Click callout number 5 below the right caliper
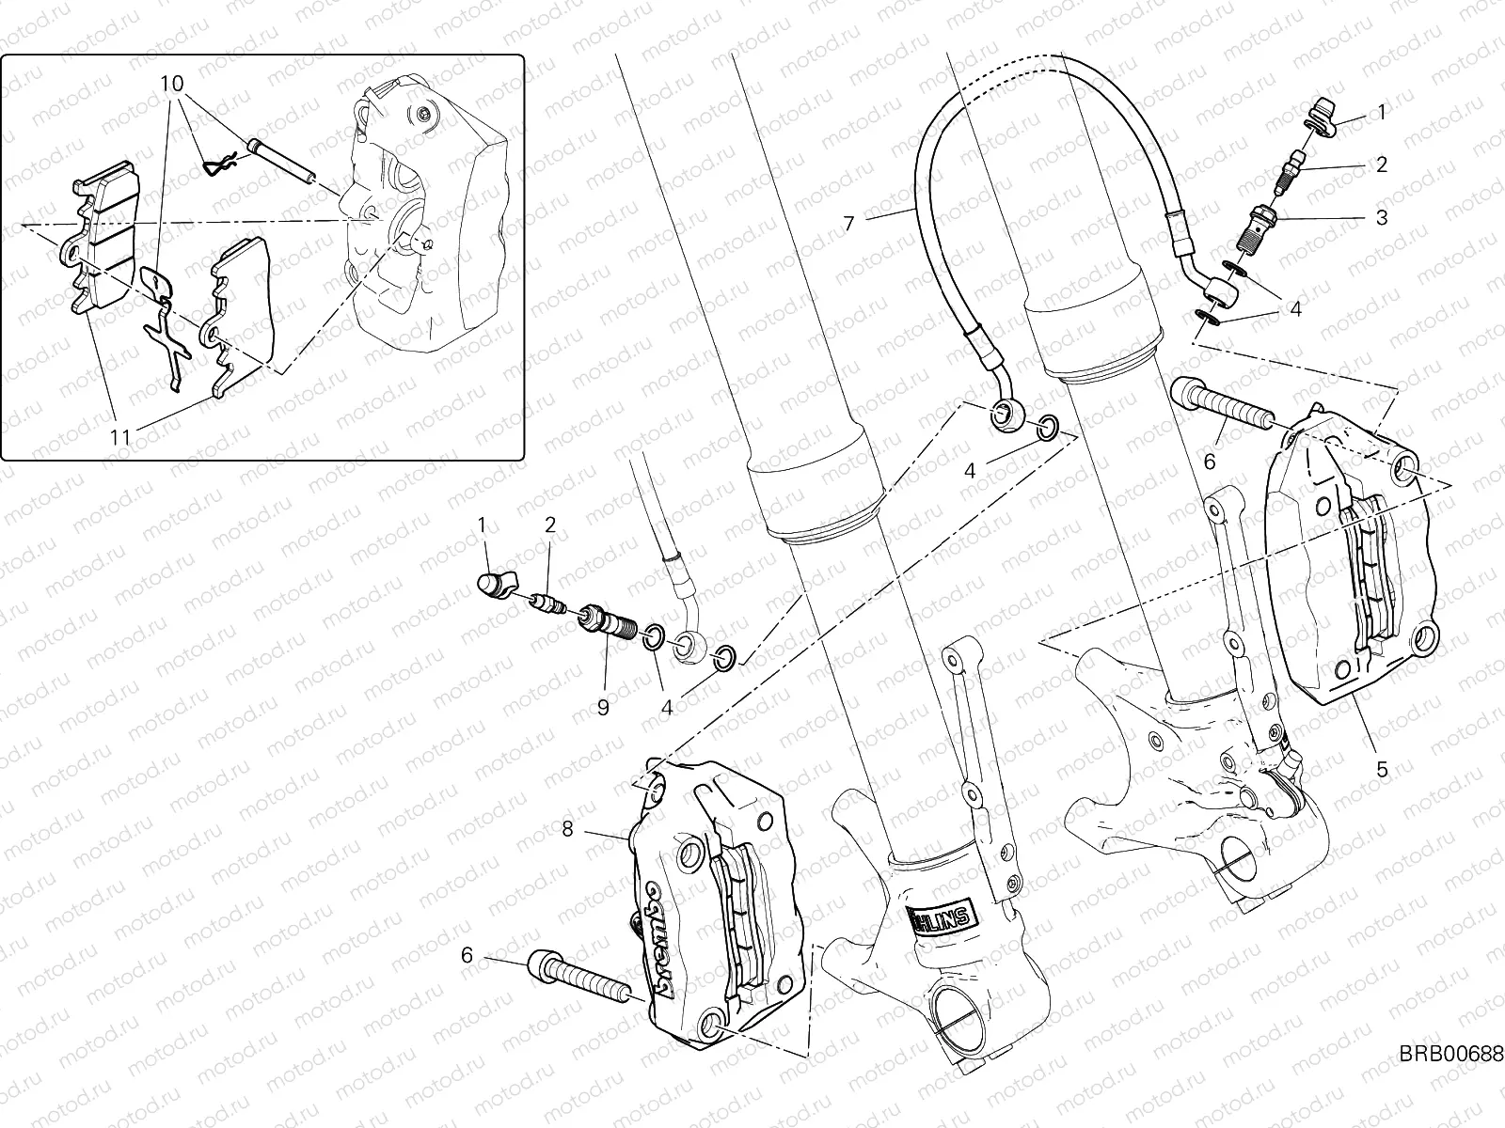click(1382, 769)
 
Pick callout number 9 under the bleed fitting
click(602, 706)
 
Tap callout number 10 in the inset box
click(171, 83)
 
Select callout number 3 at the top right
click(1382, 218)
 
